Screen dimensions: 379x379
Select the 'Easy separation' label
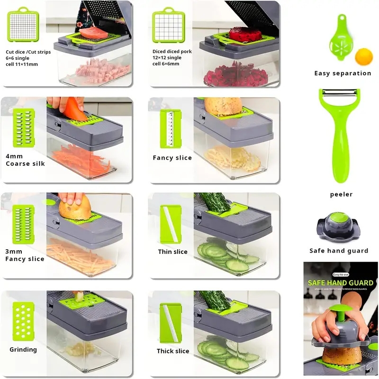pyautogui.click(x=343, y=73)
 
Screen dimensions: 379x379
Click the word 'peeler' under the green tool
pyautogui.click(x=341, y=194)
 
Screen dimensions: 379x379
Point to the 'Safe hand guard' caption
pyautogui.click(x=339, y=251)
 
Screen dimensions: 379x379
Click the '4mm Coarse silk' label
pyautogui.click(x=25, y=160)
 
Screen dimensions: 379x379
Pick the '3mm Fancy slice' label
pyautogui.click(x=25, y=255)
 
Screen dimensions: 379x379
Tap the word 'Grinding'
pyautogui.click(x=23, y=350)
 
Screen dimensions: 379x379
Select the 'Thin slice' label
pyautogui.click(x=172, y=252)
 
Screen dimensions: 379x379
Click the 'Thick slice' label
pyautogui.click(x=173, y=351)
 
